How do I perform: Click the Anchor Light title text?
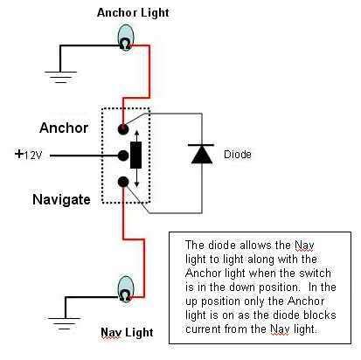tap(133, 13)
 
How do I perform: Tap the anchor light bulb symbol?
tap(126, 38)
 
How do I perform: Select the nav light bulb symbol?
tap(126, 289)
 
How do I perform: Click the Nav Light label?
tap(127, 332)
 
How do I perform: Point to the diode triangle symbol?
tap(202, 154)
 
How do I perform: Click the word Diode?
tap(238, 154)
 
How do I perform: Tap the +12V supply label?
tap(29, 155)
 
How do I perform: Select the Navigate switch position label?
tap(61, 200)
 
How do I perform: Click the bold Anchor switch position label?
tap(64, 128)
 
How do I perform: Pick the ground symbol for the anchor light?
tap(60, 77)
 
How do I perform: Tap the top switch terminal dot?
tap(123, 129)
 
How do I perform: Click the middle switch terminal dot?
tap(123, 156)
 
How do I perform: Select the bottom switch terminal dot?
tap(123, 182)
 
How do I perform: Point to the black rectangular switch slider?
tap(135, 156)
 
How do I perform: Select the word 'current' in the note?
tap(204, 329)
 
